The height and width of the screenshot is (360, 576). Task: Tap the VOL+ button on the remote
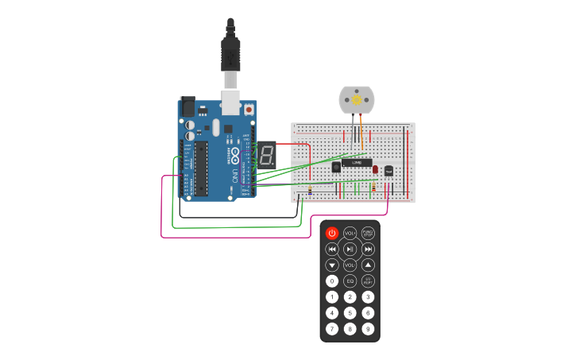(x=350, y=233)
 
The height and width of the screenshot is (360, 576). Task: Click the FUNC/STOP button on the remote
(x=368, y=233)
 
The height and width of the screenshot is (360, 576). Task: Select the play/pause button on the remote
(x=350, y=249)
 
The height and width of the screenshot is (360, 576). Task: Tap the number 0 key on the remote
(x=332, y=281)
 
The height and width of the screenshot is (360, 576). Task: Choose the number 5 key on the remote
(x=350, y=312)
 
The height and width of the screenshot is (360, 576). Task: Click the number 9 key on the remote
(x=368, y=328)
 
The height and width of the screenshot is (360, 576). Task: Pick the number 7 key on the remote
(x=332, y=328)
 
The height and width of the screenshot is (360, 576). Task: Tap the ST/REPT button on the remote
(x=368, y=281)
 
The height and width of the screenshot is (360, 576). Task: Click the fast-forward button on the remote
(x=368, y=249)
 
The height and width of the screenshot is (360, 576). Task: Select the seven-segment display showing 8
(x=266, y=154)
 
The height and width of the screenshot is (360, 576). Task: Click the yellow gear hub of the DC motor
(x=357, y=100)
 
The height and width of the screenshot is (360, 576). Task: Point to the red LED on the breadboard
(x=376, y=169)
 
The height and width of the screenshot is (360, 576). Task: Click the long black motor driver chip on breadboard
(x=357, y=163)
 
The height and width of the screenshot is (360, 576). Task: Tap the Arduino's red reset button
(x=249, y=109)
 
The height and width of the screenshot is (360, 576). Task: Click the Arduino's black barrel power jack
(x=187, y=106)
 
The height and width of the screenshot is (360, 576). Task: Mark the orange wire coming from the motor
(x=362, y=131)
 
